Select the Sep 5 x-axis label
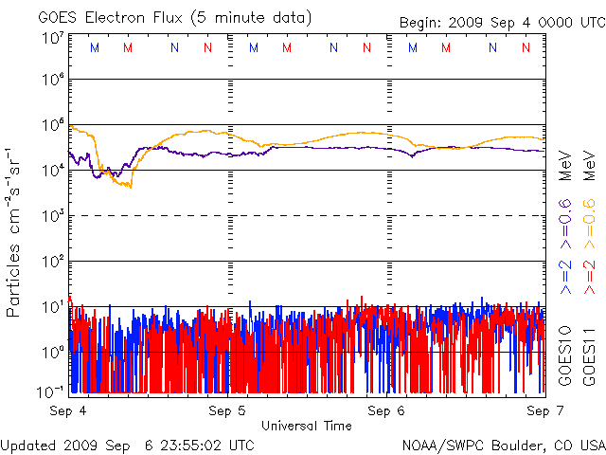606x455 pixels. (227, 410)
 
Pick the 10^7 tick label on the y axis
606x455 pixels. (53, 37)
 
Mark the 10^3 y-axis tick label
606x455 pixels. (53, 216)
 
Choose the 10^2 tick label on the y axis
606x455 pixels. (53, 261)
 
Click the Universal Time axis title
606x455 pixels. (307, 426)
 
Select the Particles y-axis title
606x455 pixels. (15, 232)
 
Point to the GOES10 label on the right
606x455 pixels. (565, 355)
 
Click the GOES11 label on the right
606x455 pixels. (588, 355)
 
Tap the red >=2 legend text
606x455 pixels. (588, 274)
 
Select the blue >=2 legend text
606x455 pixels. (565, 274)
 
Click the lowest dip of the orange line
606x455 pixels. (130, 186)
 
